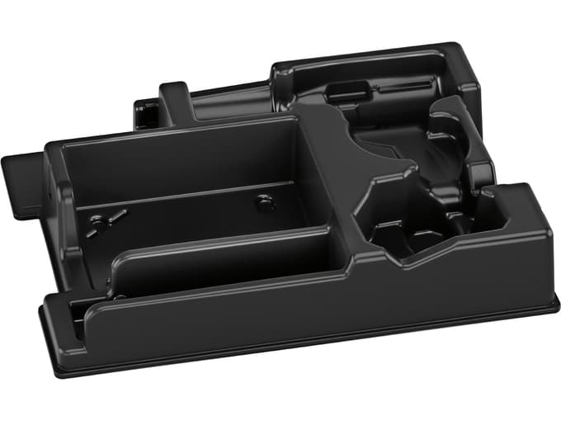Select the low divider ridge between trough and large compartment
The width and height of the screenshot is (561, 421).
click(x=206, y=239)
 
